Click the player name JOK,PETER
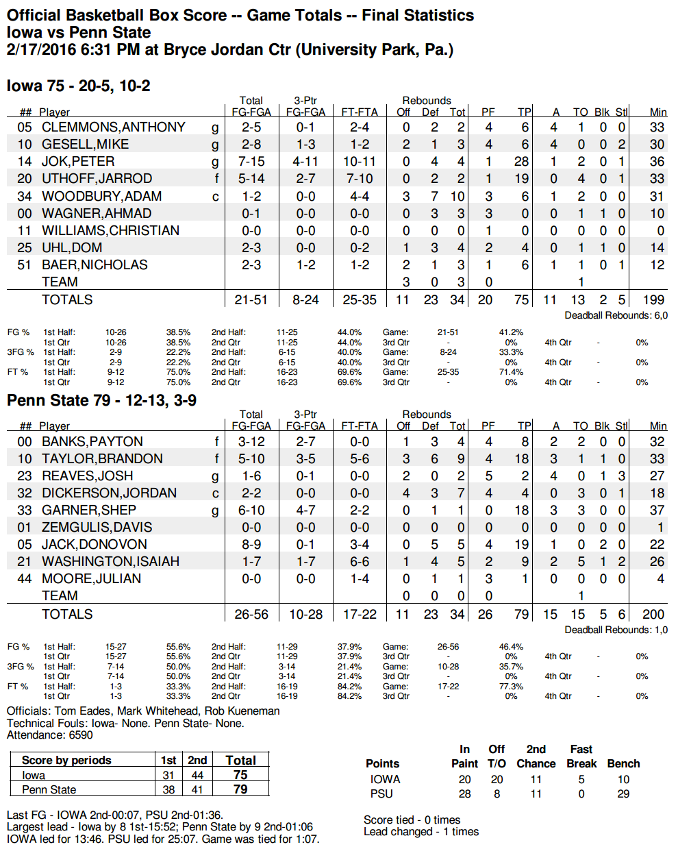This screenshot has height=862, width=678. (78, 162)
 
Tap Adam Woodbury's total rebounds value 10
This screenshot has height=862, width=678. (457, 196)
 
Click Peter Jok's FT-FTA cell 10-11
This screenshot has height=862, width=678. (360, 162)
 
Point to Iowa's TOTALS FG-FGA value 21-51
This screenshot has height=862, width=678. (251, 299)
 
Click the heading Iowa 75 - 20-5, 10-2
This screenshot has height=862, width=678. (79, 86)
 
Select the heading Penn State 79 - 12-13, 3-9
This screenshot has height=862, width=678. (101, 400)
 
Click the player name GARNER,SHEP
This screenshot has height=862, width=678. (89, 510)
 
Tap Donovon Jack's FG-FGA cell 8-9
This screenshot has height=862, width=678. (251, 544)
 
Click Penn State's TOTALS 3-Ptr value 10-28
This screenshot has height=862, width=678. (305, 614)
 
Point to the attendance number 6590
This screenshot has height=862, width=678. (81, 735)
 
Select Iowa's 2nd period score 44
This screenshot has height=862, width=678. (197, 775)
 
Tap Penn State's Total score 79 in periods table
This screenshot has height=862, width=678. (240, 789)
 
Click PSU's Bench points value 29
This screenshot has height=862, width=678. (623, 793)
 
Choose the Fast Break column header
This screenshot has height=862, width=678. (581, 756)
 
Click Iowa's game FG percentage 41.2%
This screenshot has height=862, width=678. (511, 332)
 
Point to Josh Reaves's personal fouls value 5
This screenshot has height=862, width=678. (488, 476)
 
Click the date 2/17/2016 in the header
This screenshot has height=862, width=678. (41, 49)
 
